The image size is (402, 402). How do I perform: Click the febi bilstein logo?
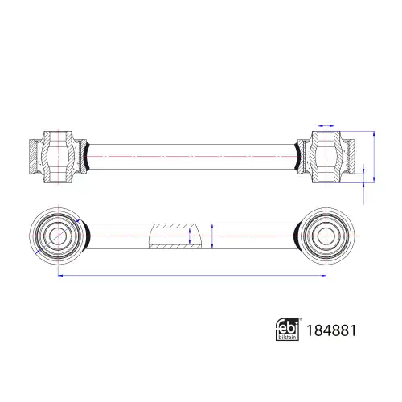(288, 330)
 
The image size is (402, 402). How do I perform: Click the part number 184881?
(331, 330)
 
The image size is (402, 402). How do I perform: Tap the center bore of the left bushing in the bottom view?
(58, 236)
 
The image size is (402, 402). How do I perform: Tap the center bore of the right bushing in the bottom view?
(326, 236)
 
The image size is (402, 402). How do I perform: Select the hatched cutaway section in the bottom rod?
(175, 236)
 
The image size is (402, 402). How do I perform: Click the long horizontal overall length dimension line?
(192, 275)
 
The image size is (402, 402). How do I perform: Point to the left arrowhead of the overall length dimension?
(60, 275)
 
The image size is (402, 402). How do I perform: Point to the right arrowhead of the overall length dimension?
(324, 275)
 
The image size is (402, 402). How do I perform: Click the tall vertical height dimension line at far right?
(374, 157)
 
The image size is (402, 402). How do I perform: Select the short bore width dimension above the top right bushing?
(326, 125)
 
